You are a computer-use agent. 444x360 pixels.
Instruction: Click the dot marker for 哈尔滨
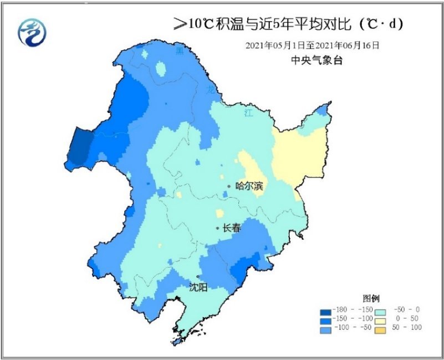point(229,186)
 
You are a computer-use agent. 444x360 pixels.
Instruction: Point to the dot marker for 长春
point(217,228)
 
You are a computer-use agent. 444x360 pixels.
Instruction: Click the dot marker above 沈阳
point(197,276)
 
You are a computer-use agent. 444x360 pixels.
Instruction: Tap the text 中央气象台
point(317,61)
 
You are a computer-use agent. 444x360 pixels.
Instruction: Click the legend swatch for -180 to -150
point(326,309)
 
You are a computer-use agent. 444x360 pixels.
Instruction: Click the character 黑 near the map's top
point(178,52)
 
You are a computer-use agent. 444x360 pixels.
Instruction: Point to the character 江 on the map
point(248,113)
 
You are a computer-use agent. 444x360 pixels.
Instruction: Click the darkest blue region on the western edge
point(79,146)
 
